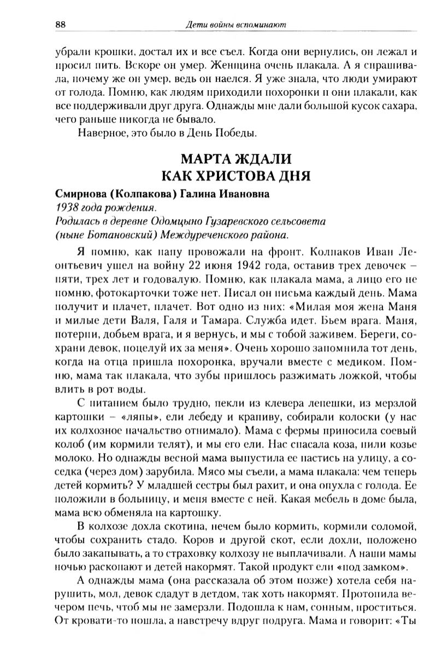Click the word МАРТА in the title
205,160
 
